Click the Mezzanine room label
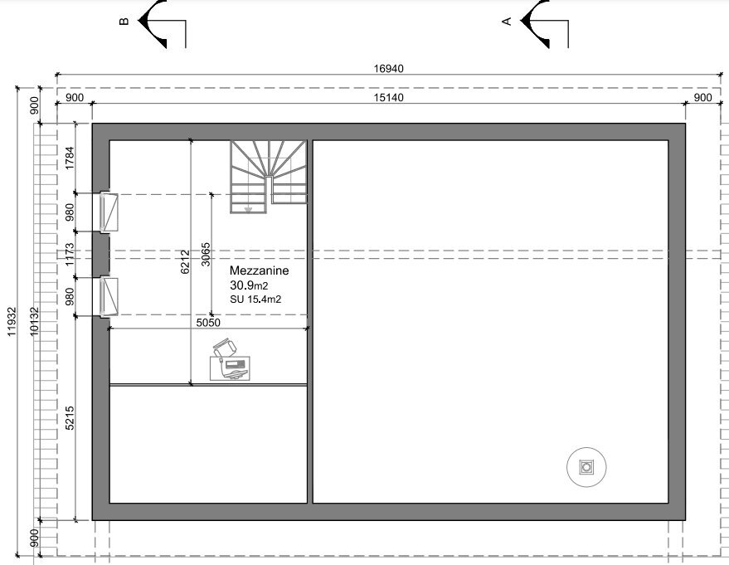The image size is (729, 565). tap(259, 270)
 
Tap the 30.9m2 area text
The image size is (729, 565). tap(249, 285)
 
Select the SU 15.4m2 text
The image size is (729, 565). tap(255, 299)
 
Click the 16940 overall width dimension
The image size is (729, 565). tap(389, 68)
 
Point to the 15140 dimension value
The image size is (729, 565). tap(389, 98)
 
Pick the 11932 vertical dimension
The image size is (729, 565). tap(12, 321)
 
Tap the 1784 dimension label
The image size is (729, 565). tap(70, 158)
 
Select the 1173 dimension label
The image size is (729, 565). tap(70, 255)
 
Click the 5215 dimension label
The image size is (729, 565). tap(70, 417)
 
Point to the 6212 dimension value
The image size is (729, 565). tap(185, 262)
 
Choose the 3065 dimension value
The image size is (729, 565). tap(206, 255)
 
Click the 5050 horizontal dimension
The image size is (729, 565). tap(208, 323)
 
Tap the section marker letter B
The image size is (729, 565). tap(124, 21)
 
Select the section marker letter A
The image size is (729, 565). tap(507, 21)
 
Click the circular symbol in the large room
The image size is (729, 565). tap(586, 467)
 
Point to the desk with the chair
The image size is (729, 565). tap(230, 360)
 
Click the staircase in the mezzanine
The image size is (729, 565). tap(268, 177)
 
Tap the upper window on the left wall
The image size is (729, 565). tap(109, 212)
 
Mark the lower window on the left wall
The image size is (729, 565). tap(109, 297)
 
